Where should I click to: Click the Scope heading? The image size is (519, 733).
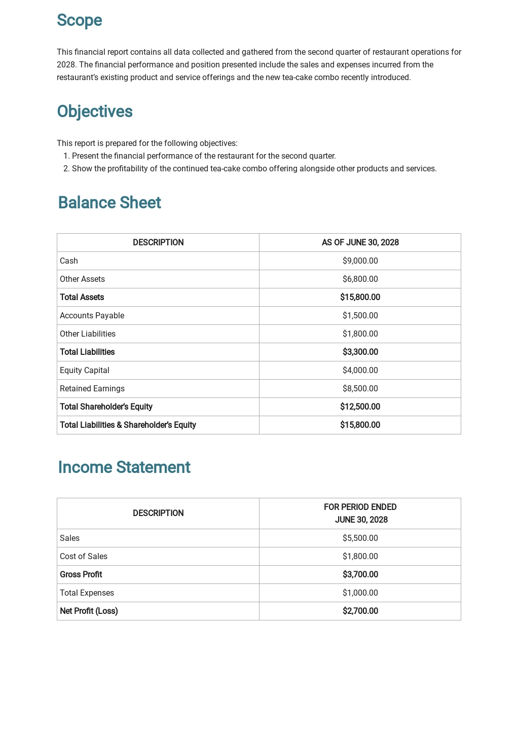[80, 20]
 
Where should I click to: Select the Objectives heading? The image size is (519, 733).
[95, 112]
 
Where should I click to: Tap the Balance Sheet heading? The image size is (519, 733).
[109, 203]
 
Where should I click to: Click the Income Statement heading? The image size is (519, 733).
[124, 467]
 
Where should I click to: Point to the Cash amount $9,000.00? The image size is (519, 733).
[360, 261]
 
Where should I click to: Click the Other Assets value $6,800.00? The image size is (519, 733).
[360, 279]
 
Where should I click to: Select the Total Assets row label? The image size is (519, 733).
[82, 298]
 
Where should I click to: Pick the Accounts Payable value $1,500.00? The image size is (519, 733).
[360, 316]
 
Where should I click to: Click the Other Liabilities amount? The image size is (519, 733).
[360, 334]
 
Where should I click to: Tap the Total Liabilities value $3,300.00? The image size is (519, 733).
[360, 352]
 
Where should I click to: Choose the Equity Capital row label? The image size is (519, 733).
[85, 371]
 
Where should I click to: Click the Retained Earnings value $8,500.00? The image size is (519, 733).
[360, 389]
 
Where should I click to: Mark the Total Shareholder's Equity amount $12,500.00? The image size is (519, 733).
[360, 407]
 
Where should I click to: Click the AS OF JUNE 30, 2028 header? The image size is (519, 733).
[360, 243]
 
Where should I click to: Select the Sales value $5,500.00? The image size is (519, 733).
[360, 538]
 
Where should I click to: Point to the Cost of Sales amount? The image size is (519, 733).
[360, 557]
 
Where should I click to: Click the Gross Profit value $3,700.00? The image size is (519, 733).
[360, 575]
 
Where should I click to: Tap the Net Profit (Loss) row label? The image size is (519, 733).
[89, 611]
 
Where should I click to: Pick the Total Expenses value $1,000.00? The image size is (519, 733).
[360, 593]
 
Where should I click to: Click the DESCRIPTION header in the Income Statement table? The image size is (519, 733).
[158, 514]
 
